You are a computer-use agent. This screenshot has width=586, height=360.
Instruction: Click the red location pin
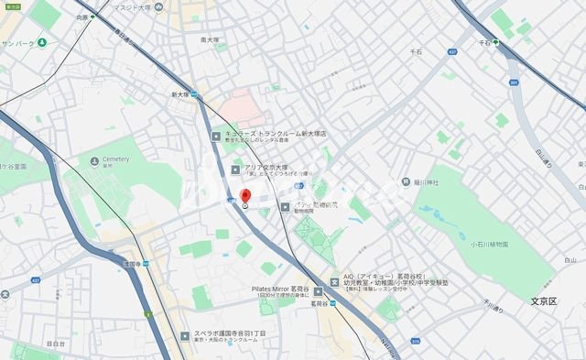(244, 197)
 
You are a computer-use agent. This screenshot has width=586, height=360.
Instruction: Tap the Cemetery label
(109, 159)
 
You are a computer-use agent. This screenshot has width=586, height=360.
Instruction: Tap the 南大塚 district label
(211, 40)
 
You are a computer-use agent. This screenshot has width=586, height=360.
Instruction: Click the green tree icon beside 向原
(92, 17)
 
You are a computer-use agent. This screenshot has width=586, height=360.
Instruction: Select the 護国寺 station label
(130, 264)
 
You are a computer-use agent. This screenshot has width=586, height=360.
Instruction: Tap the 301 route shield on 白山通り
(514, 83)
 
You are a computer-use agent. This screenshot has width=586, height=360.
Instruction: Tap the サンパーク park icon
(42, 43)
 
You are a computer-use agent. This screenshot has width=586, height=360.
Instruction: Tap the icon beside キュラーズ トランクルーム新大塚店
(216, 136)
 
